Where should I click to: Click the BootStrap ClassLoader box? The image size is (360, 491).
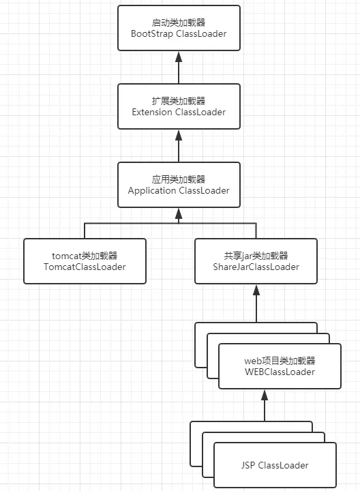pos(179,28)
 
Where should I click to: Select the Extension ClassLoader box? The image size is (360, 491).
pos(179,106)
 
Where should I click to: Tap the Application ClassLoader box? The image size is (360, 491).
pos(179,185)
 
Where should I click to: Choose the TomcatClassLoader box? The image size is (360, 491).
pos(85,261)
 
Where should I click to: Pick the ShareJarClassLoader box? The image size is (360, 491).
pos(256,261)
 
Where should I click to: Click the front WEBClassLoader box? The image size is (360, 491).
pos(280,366)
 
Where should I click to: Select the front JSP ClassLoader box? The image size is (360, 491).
pos(275,465)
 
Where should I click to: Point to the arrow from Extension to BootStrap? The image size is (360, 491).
pos(179,67)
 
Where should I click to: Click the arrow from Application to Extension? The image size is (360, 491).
pos(179,145)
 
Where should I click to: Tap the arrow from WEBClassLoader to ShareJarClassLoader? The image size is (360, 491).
pos(256,303)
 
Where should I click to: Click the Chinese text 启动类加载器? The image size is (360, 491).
pos(179,22)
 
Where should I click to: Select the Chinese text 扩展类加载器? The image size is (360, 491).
pos(179,100)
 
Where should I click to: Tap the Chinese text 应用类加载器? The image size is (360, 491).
pos(179,179)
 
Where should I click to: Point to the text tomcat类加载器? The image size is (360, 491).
pos(85,256)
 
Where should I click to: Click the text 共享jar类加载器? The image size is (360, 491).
pos(256,256)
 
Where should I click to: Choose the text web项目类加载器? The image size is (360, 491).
pos(280,361)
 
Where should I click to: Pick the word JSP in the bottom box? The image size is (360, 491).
pos(249,465)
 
